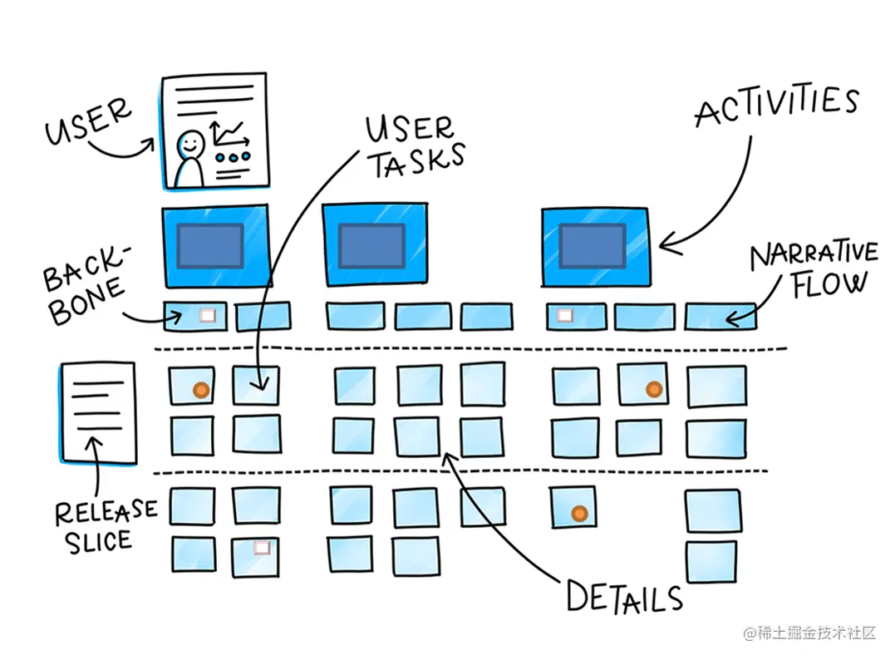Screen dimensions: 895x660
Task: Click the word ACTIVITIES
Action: pyautogui.click(x=777, y=106)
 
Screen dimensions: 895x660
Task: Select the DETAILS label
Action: pyautogui.click(x=624, y=597)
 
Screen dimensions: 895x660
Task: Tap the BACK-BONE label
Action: pyautogui.click(x=86, y=285)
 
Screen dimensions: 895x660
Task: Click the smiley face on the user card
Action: pyautogui.click(x=190, y=144)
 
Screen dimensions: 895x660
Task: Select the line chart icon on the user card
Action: pyautogui.click(x=229, y=135)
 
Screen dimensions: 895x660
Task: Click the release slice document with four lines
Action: pyautogui.click(x=98, y=412)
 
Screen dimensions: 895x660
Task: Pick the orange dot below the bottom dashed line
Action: pyautogui.click(x=579, y=513)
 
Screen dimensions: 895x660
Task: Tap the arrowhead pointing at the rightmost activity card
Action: pyautogui.click(x=669, y=244)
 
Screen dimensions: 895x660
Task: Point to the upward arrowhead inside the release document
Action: pyautogui.click(x=95, y=443)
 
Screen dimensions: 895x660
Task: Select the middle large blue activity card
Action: pyautogui.click(x=376, y=244)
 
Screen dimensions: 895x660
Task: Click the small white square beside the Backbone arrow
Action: pyautogui.click(x=208, y=316)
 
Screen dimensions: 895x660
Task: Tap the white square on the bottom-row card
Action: pyautogui.click(x=262, y=548)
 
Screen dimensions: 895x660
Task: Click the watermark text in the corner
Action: pyautogui.click(x=809, y=633)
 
